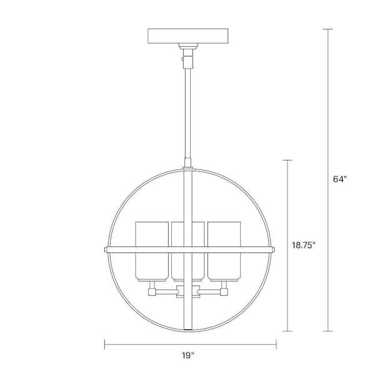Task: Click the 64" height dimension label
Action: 339,179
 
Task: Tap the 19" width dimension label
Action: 189,356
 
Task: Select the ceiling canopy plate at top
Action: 187,36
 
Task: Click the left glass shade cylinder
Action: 151,249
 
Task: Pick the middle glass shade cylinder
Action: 187,249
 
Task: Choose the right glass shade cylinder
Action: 224,249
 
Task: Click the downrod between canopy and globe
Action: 187,112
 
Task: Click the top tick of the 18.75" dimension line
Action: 287,161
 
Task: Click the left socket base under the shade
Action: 152,290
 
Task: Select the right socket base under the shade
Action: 223,290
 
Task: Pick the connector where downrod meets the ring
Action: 187,166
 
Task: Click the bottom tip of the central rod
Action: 187,328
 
